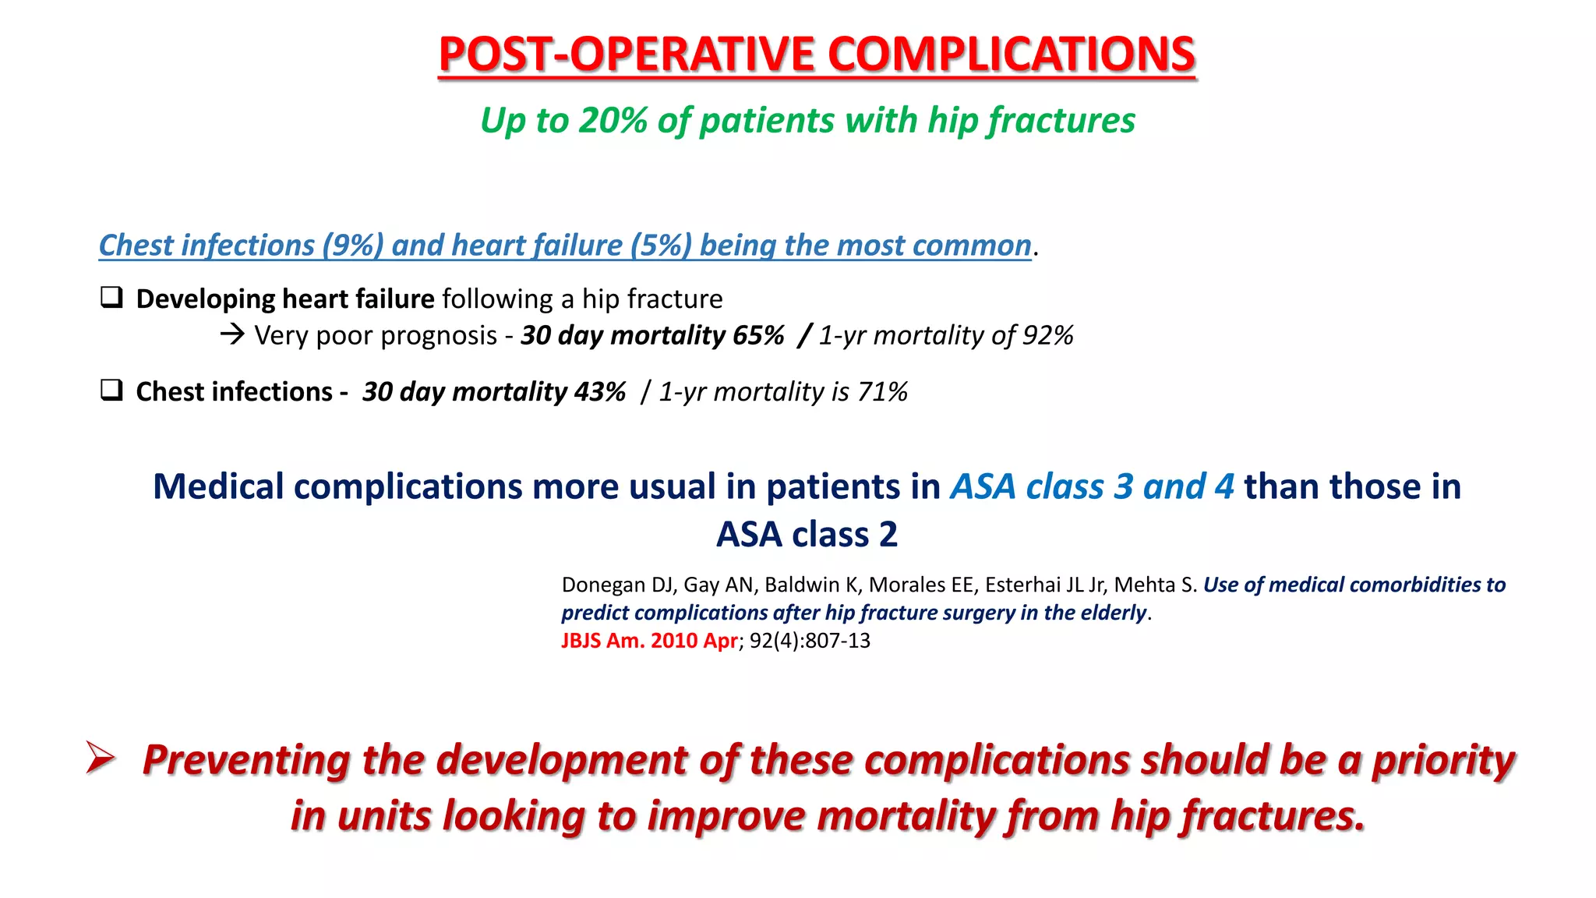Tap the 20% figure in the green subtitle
click(x=613, y=121)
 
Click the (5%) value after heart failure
click(x=661, y=246)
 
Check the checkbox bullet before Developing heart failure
click(x=111, y=298)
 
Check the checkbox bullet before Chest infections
click(x=111, y=390)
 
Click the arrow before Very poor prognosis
click(x=232, y=335)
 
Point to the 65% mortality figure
click(x=758, y=335)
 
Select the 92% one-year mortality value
click(x=1047, y=335)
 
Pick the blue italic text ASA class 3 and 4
click(x=1092, y=486)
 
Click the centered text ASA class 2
click(x=807, y=535)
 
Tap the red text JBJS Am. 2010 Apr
click(x=648, y=641)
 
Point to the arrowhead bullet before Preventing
click(x=101, y=758)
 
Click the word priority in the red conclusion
click(x=1443, y=760)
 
